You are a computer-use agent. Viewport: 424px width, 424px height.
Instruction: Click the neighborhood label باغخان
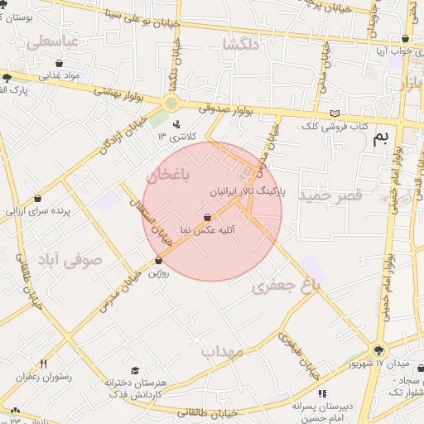point(169,176)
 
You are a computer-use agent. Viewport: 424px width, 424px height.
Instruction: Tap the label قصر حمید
point(331,195)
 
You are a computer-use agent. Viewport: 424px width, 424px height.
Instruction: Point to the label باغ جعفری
point(286,286)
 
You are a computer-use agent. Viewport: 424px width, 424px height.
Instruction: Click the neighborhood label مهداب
point(222,351)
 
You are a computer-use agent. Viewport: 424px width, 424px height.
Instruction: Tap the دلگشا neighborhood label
point(240,45)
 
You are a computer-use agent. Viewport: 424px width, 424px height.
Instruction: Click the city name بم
point(380,137)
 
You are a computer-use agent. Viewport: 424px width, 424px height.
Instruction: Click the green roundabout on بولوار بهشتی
point(171,103)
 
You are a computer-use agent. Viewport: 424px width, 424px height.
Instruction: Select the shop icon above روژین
point(157,261)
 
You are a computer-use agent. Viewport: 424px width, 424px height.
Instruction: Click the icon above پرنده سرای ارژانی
point(39,199)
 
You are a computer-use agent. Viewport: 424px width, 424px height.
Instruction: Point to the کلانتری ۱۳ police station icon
point(176,124)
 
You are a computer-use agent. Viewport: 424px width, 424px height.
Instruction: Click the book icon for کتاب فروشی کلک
point(335,113)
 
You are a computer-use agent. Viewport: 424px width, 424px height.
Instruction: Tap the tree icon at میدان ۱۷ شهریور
point(378,350)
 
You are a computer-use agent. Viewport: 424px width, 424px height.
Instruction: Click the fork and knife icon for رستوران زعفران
point(43,364)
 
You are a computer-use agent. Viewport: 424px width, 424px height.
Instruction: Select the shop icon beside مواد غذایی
point(60,63)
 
